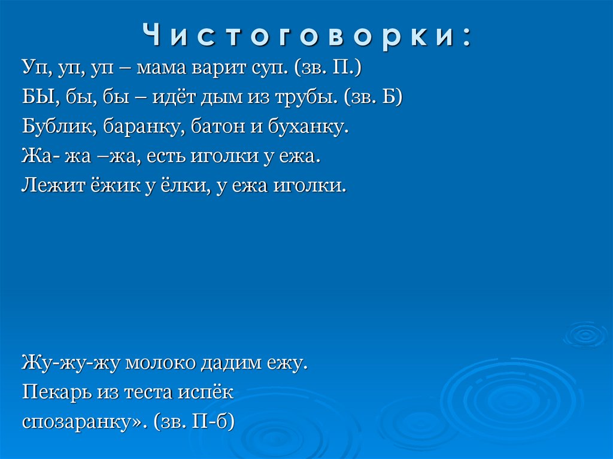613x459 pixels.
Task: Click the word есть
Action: coord(165,156)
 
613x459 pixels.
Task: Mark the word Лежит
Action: coord(50,186)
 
